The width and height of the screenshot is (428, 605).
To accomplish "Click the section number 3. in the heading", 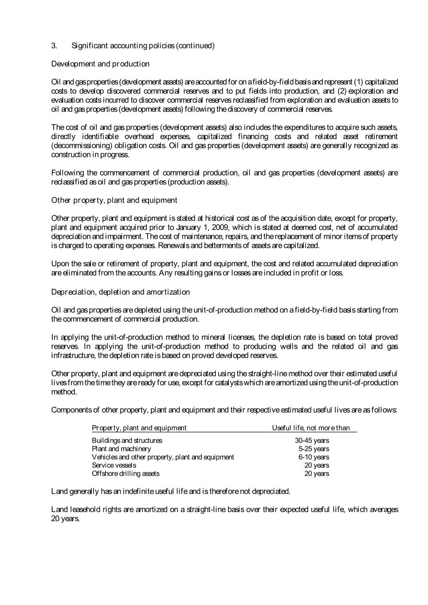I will coord(54,46).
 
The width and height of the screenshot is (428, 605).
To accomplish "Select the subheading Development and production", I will coord(100,64).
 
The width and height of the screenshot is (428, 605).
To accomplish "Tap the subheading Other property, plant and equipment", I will coord(114,200).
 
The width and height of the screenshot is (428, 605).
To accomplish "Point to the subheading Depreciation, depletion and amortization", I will coord(120,292).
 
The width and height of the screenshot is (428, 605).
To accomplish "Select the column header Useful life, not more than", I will coord(310,428).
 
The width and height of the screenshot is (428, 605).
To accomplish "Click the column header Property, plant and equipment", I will coord(139,428).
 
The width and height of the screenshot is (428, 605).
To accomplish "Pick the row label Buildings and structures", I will coord(127,441).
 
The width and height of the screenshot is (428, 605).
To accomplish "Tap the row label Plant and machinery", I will coord(121,449).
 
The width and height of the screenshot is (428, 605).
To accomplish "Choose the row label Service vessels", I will coord(114,465).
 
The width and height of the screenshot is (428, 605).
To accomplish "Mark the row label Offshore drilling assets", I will coord(126,474).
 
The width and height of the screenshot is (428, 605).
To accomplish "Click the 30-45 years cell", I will coord(312,441).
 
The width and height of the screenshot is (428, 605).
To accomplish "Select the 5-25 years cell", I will coord(314,449).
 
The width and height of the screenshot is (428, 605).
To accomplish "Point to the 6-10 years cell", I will coord(314,457).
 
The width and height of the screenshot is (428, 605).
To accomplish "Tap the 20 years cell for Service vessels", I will coord(317,465).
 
